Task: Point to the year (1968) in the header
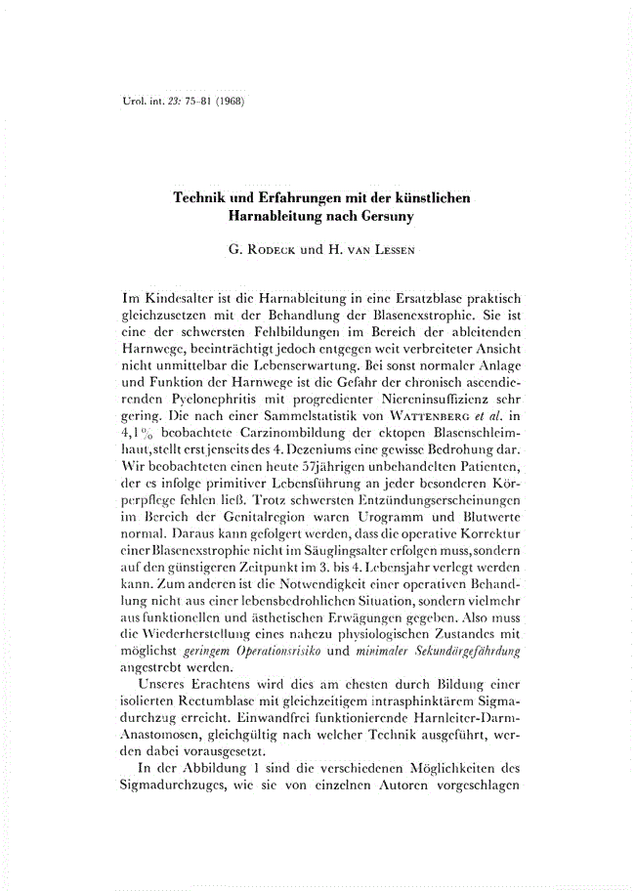226,102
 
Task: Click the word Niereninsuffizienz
421,391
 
